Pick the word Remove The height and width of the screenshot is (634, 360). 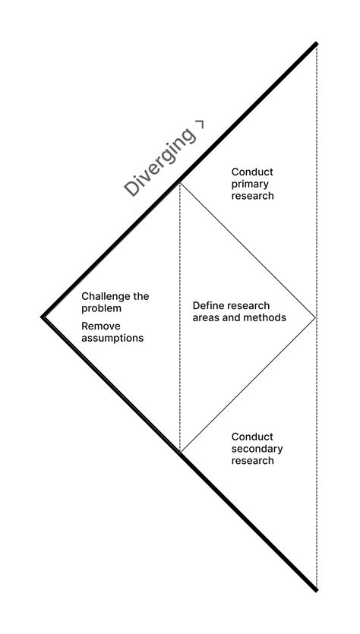coord(101,326)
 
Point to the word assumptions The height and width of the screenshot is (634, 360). coord(112,338)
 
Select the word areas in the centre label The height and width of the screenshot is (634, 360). coord(207,317)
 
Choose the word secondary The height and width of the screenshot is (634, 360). coord(257,449)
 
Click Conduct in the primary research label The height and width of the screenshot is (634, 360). coord(252,172)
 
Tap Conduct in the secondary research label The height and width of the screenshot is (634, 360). coord(252,437)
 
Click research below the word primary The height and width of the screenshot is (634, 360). coord(252,196)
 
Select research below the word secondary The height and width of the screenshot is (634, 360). coord(252,461)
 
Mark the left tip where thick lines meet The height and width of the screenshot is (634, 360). coord(43,317)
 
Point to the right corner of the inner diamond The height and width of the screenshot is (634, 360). coord(314,317)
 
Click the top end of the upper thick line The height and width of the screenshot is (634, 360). coord(316,44)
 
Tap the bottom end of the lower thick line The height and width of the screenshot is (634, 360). coord(316,589)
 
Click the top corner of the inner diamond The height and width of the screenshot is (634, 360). coord(180,181)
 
